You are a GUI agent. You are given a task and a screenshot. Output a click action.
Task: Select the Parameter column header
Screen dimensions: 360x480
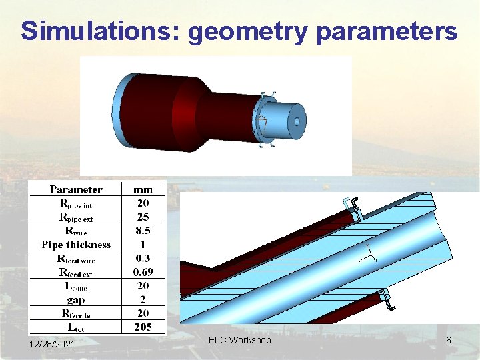pos(76,190)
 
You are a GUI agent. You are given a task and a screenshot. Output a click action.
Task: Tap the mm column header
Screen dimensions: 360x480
pos(142,190)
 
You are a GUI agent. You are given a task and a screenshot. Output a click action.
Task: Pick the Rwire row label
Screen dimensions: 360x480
pos(76,231)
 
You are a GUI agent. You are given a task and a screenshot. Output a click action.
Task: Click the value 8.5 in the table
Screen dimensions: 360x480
pos(142,231)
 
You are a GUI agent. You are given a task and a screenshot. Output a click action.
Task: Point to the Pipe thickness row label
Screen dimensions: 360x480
pos(76,245)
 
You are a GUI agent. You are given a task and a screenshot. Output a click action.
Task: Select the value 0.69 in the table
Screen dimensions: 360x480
pos(142,272)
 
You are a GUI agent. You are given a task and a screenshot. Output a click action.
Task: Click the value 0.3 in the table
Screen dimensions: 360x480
pos(142,259)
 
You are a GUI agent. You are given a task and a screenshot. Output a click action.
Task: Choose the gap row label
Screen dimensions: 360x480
pos(76,299)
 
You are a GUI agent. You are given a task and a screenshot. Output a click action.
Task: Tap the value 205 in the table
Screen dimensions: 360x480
pos(142,327)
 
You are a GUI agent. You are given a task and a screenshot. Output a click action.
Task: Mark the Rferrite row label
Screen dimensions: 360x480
pos(76,313)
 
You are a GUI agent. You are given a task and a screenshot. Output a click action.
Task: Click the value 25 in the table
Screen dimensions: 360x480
pos(142,217)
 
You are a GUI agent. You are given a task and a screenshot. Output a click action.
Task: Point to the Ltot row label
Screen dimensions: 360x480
pos(76,327)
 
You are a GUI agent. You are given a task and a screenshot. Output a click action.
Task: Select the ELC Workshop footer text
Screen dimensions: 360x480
pos(240,341)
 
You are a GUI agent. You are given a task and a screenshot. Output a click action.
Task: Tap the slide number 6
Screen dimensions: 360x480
pos(449,341)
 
